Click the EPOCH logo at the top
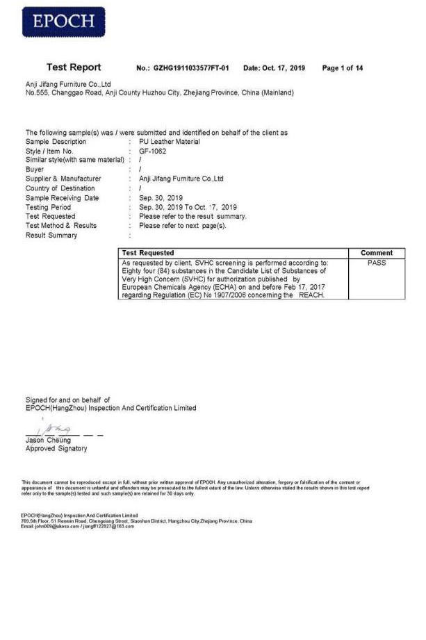point(65,22)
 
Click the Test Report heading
point(74,67)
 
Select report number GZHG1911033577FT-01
point(192,68)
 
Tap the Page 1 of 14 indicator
point(343,68)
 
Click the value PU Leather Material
point(170,142)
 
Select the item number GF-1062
point(152,151)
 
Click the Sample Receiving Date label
point(62,198)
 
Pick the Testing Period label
point(48,207)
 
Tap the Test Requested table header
point(148,253)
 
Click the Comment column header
point(377,253)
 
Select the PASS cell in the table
point(376,263)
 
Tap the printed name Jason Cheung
point(48,441)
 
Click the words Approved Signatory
point(56,449)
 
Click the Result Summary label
point(51,236)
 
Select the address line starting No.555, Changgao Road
point(160,92)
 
